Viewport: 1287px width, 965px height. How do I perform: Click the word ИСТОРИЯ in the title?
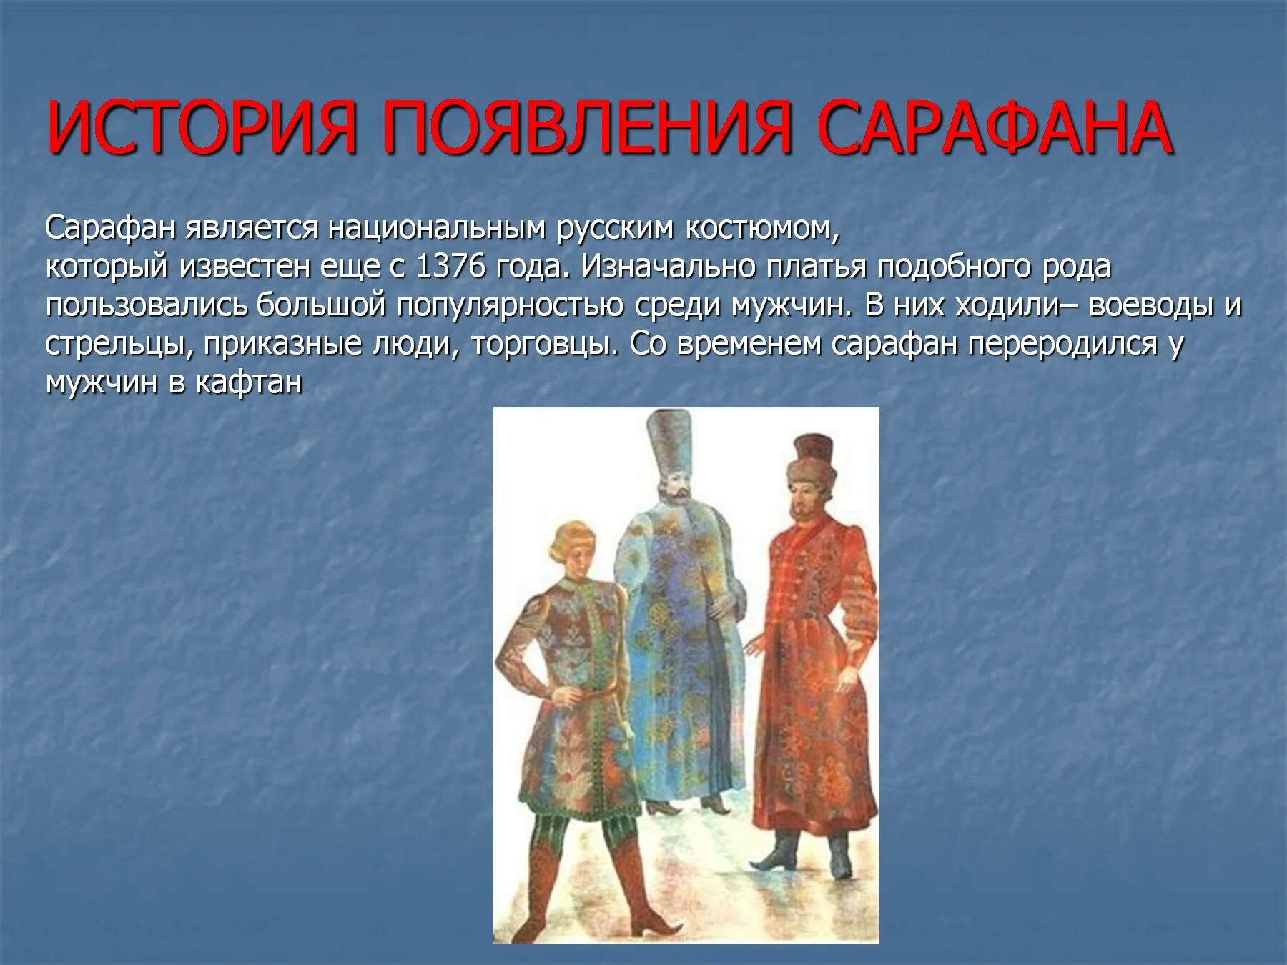click(x=201, y=129)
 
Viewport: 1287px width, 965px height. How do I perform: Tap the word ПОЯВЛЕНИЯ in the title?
click(x=587, y=129)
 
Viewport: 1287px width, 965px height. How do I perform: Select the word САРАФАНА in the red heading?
click(x=995, y=129)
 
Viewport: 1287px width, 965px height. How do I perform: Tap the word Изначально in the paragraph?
click(x=668, y=267)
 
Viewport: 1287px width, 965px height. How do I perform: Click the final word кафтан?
click(x=249, y=383)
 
